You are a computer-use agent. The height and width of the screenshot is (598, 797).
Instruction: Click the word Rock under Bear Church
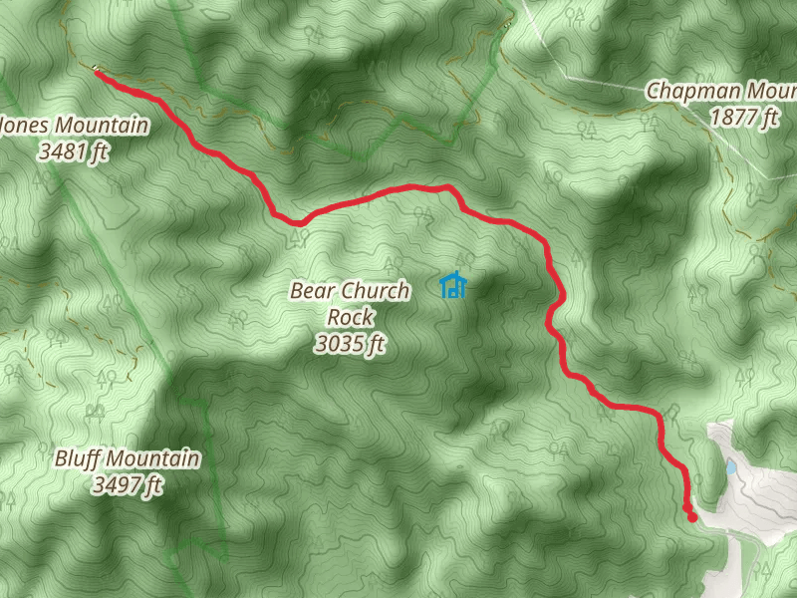349,318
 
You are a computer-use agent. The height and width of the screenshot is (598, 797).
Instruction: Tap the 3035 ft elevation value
349,345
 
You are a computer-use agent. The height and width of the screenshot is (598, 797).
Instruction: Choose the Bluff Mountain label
126,459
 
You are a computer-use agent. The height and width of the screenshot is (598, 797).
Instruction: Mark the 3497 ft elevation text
126,485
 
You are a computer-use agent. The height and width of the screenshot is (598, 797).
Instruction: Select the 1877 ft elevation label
743,118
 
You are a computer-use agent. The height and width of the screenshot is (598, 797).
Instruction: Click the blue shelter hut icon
453,286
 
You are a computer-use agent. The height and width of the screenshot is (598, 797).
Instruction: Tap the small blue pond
731,466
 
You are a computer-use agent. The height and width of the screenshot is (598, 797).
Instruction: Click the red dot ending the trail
691,516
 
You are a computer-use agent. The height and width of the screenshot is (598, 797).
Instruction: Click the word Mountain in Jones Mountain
101,127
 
